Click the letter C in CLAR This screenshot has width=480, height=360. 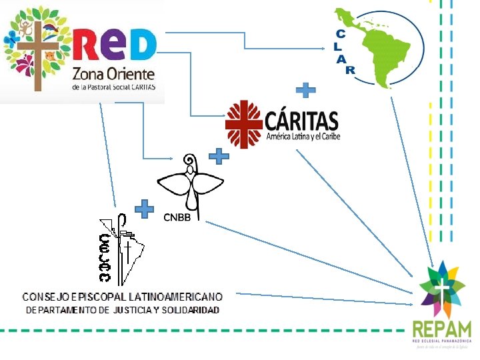341,33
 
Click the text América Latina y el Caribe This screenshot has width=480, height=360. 303,137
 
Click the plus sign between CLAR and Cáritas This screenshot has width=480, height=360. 305,90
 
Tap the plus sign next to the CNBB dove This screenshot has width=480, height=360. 219,157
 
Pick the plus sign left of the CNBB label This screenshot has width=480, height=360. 145,209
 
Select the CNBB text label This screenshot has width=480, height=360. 179,217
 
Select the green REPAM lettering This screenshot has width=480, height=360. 442,329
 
